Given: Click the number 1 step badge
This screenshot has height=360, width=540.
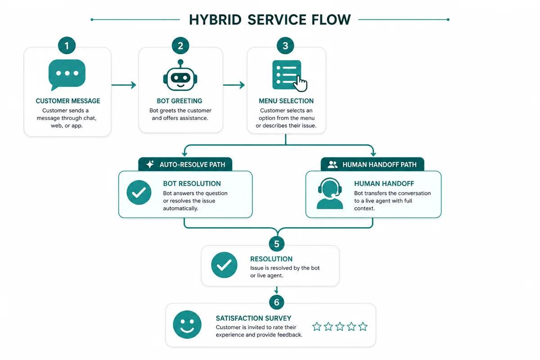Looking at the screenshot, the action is tap(67, 45).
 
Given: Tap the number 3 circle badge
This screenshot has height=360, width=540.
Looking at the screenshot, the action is tap(285, 45).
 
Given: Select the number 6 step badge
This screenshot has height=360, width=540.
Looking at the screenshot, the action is tap(276, 302).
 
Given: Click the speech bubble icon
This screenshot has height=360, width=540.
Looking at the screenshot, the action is tap(67, 75).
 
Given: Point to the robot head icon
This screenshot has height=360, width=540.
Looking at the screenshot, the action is tap(180, 75).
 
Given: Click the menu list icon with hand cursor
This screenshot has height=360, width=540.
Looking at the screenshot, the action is tap(289, 76).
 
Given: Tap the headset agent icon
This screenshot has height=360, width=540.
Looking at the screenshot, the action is tap(330, 193).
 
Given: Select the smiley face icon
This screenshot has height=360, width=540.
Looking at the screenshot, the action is tap(187, 324).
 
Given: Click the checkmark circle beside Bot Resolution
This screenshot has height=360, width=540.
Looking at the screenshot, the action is tap(139, 193).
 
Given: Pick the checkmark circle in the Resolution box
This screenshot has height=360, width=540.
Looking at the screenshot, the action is tap(224, 265).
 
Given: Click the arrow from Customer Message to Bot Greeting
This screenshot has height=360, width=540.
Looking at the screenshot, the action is tap(124, 85).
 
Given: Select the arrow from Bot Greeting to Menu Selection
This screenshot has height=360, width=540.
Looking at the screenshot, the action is tap(234, 85).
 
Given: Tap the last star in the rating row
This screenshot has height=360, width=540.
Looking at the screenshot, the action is tap(363, 327).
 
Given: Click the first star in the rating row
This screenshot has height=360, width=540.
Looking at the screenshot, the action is tap(317, 327).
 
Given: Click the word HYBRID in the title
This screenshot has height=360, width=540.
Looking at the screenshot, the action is tap(215, 20).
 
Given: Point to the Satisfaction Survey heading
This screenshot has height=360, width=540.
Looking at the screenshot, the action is tap(253, 318).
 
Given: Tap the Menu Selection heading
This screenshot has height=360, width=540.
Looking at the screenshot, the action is tap(286, 101).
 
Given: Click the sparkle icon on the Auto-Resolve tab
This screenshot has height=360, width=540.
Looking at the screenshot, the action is tap(150, 164).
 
